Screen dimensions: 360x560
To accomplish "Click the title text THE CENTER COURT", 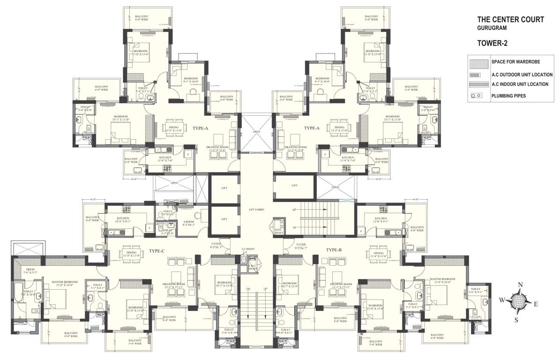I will [x=510, y=20].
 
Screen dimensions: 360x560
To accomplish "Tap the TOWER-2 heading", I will [x=493, y=43].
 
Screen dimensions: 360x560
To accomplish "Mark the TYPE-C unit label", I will [x=157, y=251].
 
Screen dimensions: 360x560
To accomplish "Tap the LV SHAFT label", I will [x=247, y=248].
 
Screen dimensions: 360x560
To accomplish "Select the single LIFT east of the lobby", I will [x=294, y=186].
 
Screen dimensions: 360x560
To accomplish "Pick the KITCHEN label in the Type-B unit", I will [x=381, y=219].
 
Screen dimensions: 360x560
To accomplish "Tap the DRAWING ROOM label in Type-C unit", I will [x=174, y=284].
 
